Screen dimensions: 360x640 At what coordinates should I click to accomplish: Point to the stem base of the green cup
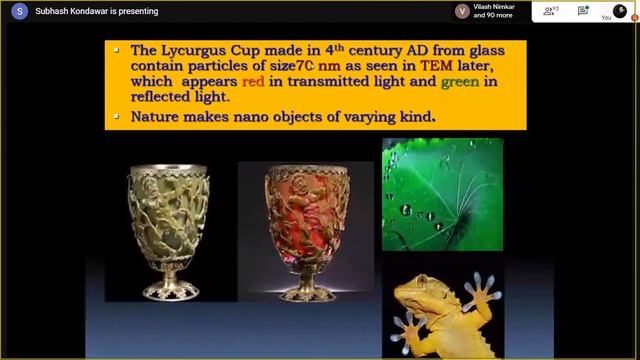[168, 290]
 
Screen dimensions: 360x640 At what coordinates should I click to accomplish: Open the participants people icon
[549, 11]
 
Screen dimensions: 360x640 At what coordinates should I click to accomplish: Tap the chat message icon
[583, 11]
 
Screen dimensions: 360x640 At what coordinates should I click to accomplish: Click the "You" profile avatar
[619, 10]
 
